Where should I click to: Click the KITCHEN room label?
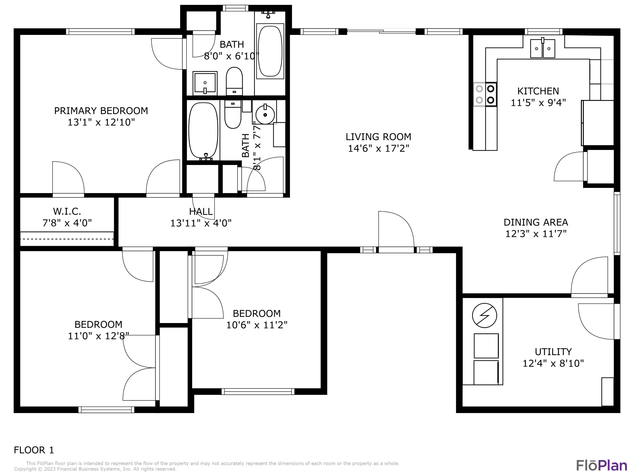(x=538, y=91)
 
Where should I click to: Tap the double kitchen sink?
(x=542, y=49)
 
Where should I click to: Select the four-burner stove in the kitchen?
(x=485, y=94)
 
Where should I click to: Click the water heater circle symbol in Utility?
(x=484, y=315)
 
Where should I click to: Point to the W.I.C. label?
(x=67, y=212)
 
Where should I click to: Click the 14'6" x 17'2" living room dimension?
(x=378, y=148)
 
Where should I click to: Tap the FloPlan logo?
(x=601, y=465)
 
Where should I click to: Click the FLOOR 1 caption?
(x=34, y=450)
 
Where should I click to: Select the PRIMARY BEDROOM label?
(x=101, y=111)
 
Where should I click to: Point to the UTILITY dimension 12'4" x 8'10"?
(x=553, y=363)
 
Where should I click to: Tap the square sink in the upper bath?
(x=205, y=83)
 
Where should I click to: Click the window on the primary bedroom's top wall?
(x=100, y=32)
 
